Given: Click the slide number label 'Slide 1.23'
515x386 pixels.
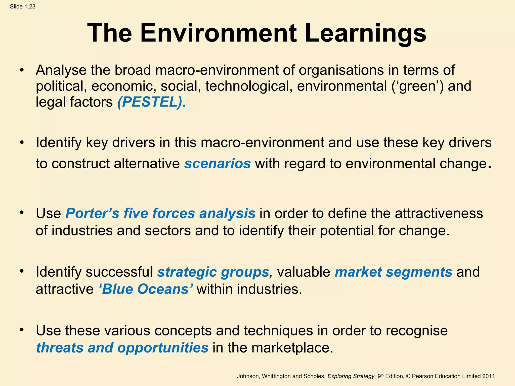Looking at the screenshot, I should click(23, 7).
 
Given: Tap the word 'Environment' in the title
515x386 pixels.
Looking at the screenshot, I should click(218, 33).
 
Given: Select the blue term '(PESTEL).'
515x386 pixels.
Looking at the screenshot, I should click(152, 102).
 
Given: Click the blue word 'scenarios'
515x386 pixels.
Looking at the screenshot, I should click(218, 164).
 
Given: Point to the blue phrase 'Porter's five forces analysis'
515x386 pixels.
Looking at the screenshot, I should click(160, 213).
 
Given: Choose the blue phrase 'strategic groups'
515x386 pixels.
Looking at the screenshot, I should click(213, 272).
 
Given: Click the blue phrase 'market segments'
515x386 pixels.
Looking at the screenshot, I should click(394, 272).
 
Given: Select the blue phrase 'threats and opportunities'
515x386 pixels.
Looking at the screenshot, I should click(122, 348).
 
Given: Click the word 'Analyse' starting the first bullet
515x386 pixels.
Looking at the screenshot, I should click(61, 70).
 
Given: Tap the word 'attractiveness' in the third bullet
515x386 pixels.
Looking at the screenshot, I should click(439, 213).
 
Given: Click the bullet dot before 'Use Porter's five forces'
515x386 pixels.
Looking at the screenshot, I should click(22, 213).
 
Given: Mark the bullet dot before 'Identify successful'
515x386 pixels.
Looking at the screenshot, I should click(22, 271).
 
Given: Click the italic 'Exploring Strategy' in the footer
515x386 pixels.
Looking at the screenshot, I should click(351, 376).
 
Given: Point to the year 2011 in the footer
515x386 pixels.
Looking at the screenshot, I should click(489, 376).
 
